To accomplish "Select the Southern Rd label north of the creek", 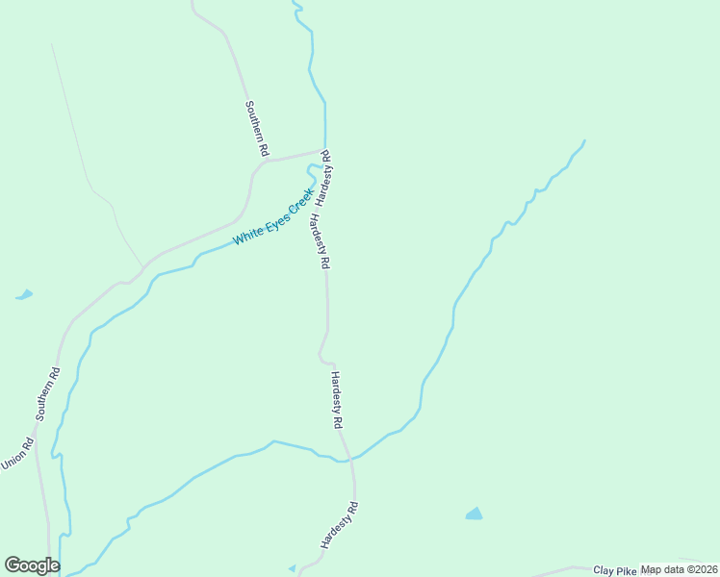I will point(256,129).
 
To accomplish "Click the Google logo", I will point(32,565).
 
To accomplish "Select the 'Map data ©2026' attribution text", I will point(679,569).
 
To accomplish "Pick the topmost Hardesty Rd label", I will point(326,178).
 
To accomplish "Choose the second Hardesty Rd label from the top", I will point(321,242).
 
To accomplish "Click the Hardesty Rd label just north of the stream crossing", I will point(337,399).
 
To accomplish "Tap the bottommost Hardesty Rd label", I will point(340,525).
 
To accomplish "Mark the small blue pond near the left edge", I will point(24,294).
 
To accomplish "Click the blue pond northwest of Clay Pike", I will point(474,514).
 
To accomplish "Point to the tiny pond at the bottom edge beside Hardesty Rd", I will point(292,568).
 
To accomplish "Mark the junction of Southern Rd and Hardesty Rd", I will point(323,151).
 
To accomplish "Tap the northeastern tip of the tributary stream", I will point(584,140).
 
